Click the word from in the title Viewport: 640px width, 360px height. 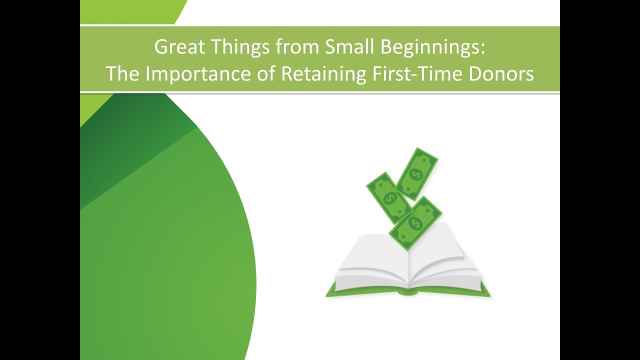click(290, 47)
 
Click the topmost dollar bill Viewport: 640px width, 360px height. click(416, 173)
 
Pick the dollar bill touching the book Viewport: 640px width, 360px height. click(414, 223)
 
